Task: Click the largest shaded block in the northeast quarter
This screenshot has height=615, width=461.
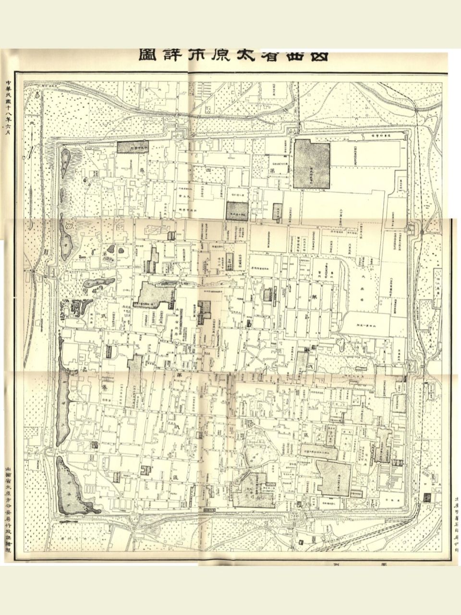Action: click(312, 164)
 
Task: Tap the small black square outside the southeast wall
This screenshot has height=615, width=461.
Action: click(427, 497)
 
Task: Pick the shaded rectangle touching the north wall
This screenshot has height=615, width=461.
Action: click(131, 148)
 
